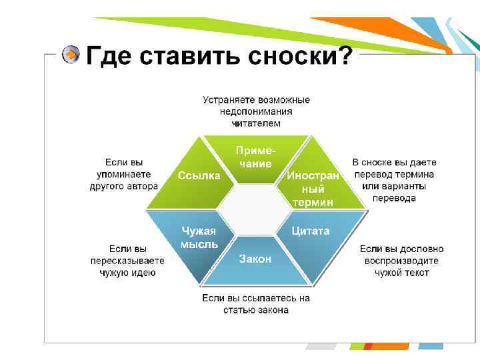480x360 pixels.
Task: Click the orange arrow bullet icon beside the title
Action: [x=71, y=55]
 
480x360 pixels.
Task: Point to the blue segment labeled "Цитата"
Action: [x=311, y=231]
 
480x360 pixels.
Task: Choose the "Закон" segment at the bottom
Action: [x=255, y=259]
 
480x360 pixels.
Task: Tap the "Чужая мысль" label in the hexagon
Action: [x=199, y=237]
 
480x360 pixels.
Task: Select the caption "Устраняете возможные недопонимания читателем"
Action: [x=256, y=111]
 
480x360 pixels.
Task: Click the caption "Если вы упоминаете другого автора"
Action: [x=123, y=175]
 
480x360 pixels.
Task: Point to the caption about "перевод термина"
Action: [x=394, y=180]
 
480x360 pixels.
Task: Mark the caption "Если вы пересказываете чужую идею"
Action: [x=127, y=261]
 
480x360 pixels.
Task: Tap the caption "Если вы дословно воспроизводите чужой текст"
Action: [x=401, y=261]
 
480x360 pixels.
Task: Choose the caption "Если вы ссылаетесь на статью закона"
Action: [x=256, y=304]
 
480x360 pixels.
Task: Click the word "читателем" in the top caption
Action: [x=256, y=123]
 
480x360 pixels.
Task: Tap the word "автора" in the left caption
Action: [x=142, y=187]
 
